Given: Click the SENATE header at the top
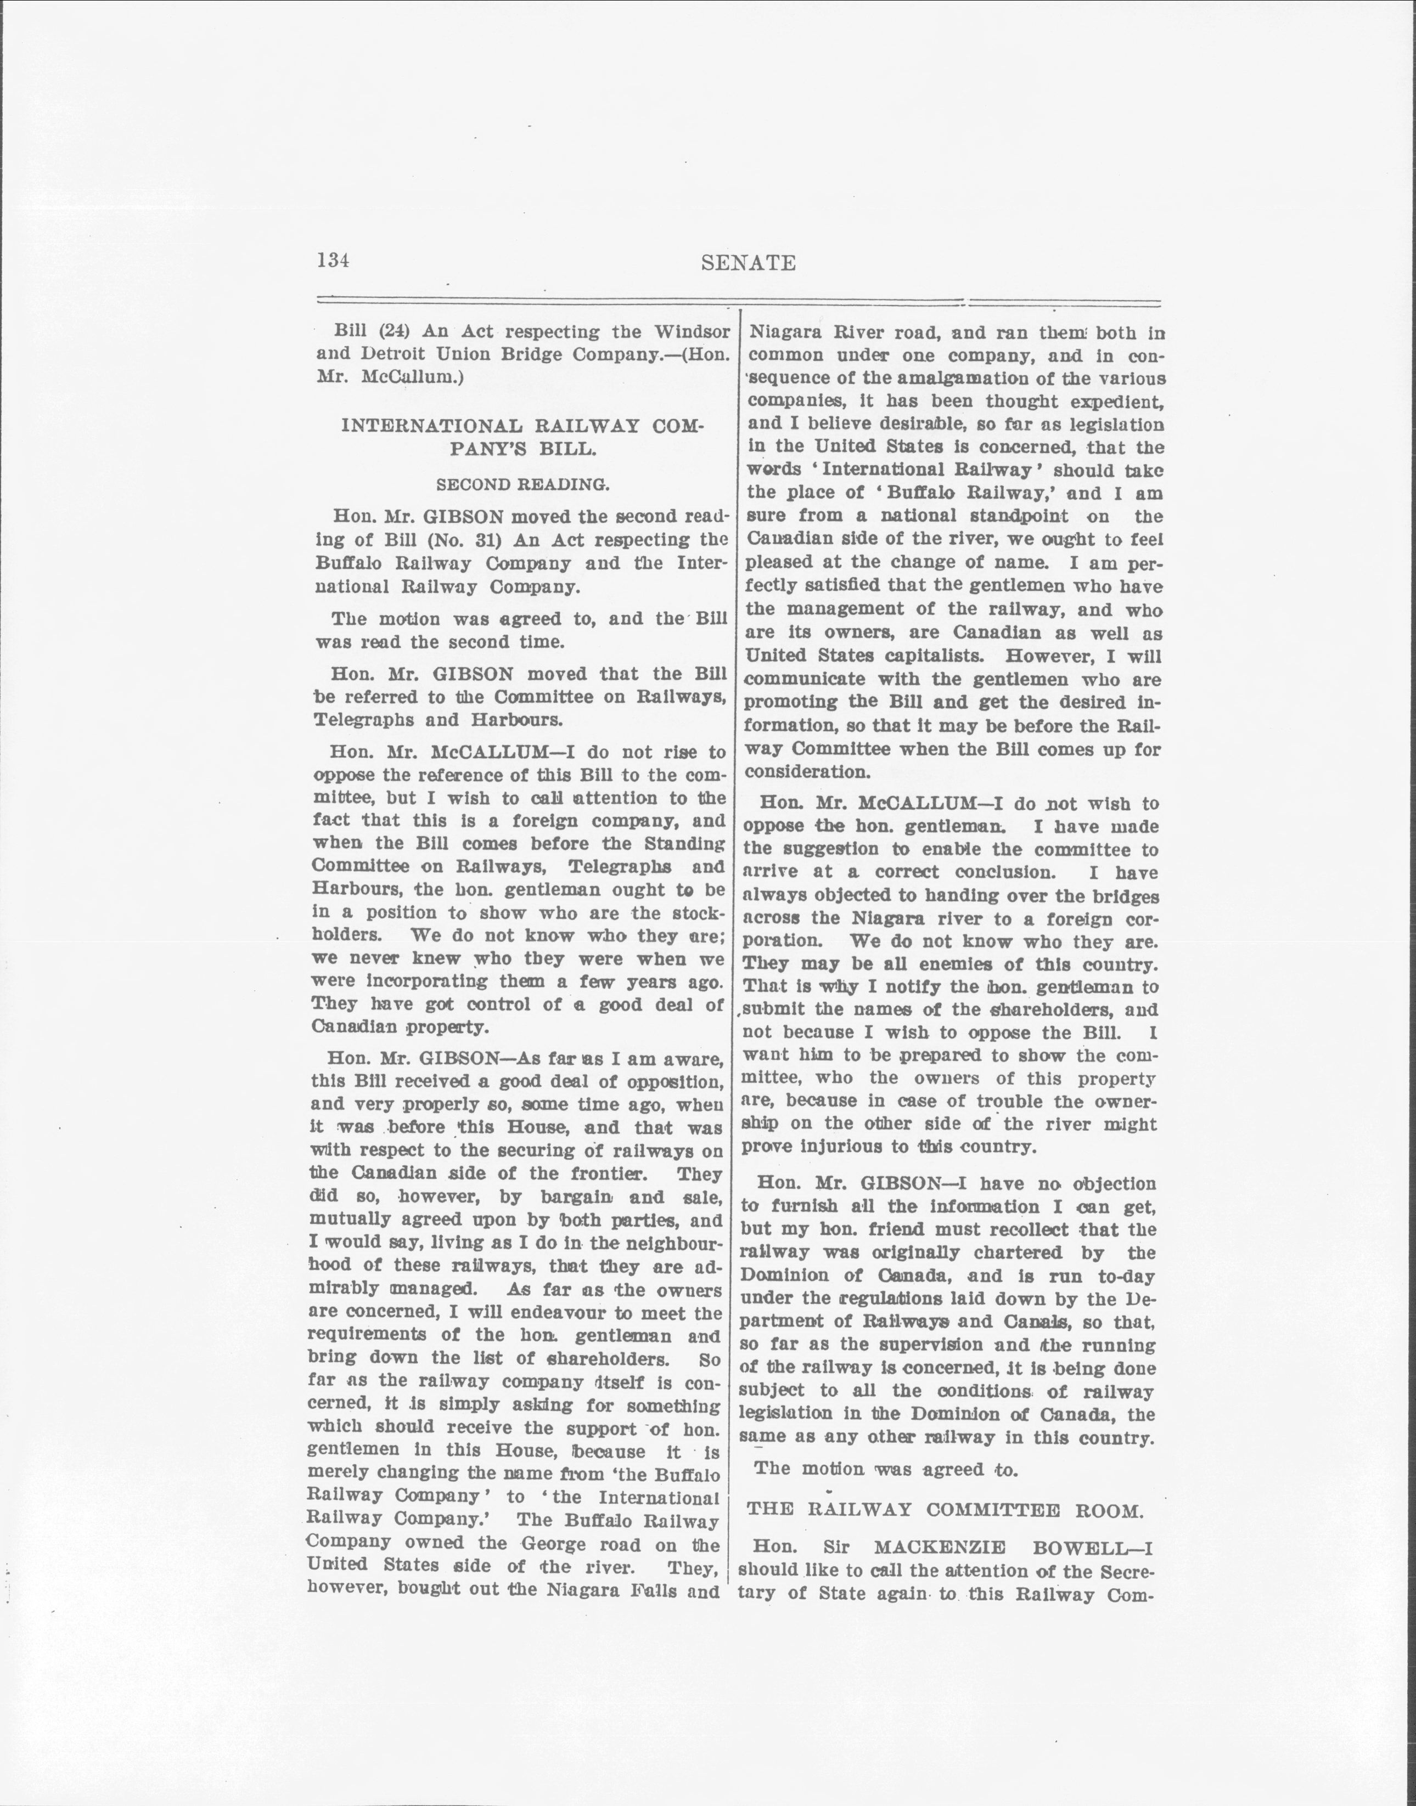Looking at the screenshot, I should click(748, 263).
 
